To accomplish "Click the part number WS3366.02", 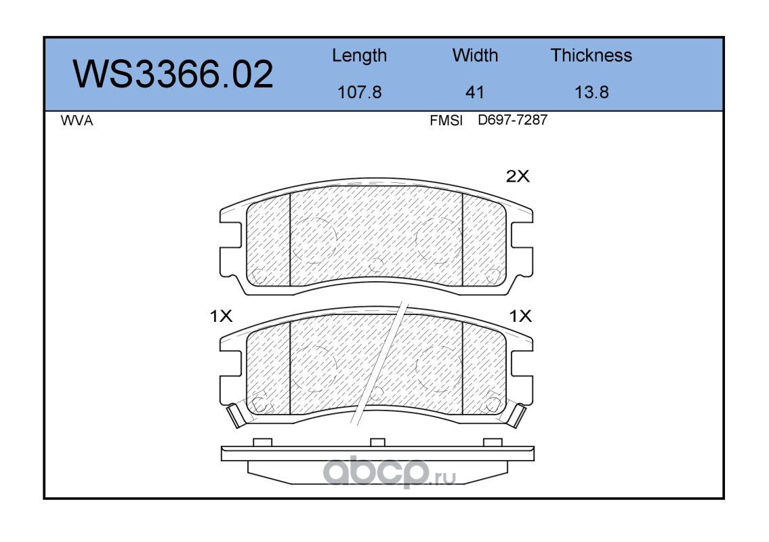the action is click(173, 75).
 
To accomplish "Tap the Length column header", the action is click(360, 56).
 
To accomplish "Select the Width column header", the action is click(475, 55).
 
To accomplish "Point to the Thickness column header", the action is click(591, 55).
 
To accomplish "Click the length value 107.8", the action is click(360, 92).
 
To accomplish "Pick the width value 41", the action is click(474, 92).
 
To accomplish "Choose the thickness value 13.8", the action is click(591, 92).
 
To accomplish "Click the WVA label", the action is click(77, 121).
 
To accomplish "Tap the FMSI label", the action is click(446, 121).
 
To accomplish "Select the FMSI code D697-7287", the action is click(512, 120).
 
